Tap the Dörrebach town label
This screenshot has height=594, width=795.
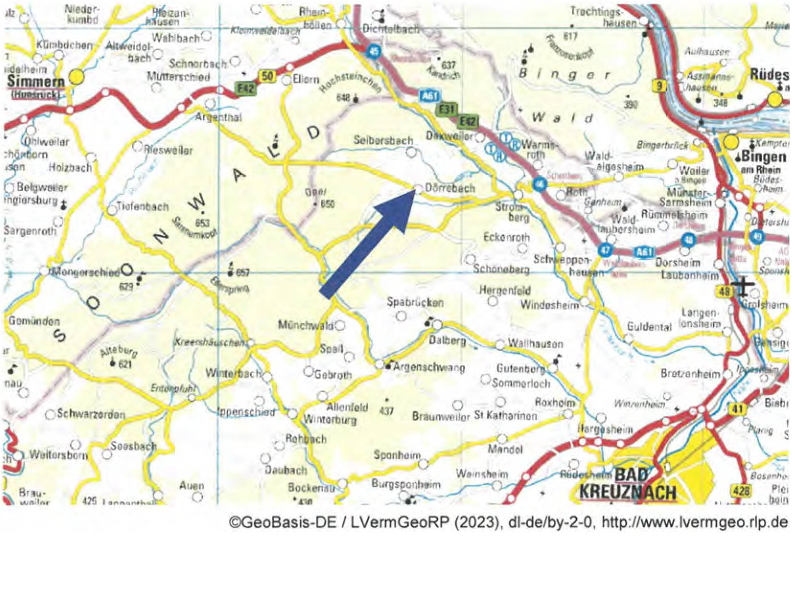click(450, 188)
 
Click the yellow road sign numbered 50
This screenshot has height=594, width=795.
click(268, 76)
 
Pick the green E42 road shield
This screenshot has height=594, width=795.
click(246, 88)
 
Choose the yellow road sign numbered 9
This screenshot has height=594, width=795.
click(660, 86)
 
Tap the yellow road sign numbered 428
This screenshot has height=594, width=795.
click(740, 490)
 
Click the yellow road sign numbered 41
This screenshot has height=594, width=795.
click(737, 409)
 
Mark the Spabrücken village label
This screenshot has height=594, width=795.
click(415, 302)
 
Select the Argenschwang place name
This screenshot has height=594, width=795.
click(429, 367)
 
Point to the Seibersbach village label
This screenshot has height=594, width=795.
click(383, 140)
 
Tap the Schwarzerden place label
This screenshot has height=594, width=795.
click(91, 413)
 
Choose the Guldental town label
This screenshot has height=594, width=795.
click(649, 327)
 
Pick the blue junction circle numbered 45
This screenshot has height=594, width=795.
click(374, 51)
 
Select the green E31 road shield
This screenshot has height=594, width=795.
click(446, 109)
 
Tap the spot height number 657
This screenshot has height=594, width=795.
click(243, 273)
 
